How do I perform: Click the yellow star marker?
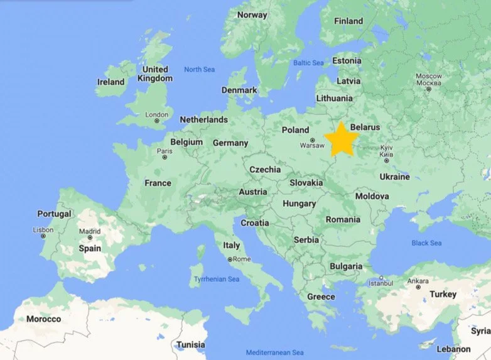click(342, 139)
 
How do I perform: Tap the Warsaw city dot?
click(312, 139)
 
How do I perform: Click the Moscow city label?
click(429, 80)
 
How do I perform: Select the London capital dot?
click(156, 122)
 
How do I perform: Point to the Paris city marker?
click(165, 158)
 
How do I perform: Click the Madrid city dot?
click(90, 237)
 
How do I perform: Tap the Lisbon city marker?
click(43, 236)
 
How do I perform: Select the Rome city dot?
click(230, 259)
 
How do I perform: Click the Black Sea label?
click(426, 243)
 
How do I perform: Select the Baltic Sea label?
click(308, 63)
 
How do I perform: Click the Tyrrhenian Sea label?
click(217, 279)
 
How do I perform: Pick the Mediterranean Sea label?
click(275, 352)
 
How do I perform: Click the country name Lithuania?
click(334, 98)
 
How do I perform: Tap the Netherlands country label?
click(203, 119)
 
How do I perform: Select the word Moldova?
click(372, 196)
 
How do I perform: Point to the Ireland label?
click(111, 82)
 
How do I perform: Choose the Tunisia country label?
click(190, 345)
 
